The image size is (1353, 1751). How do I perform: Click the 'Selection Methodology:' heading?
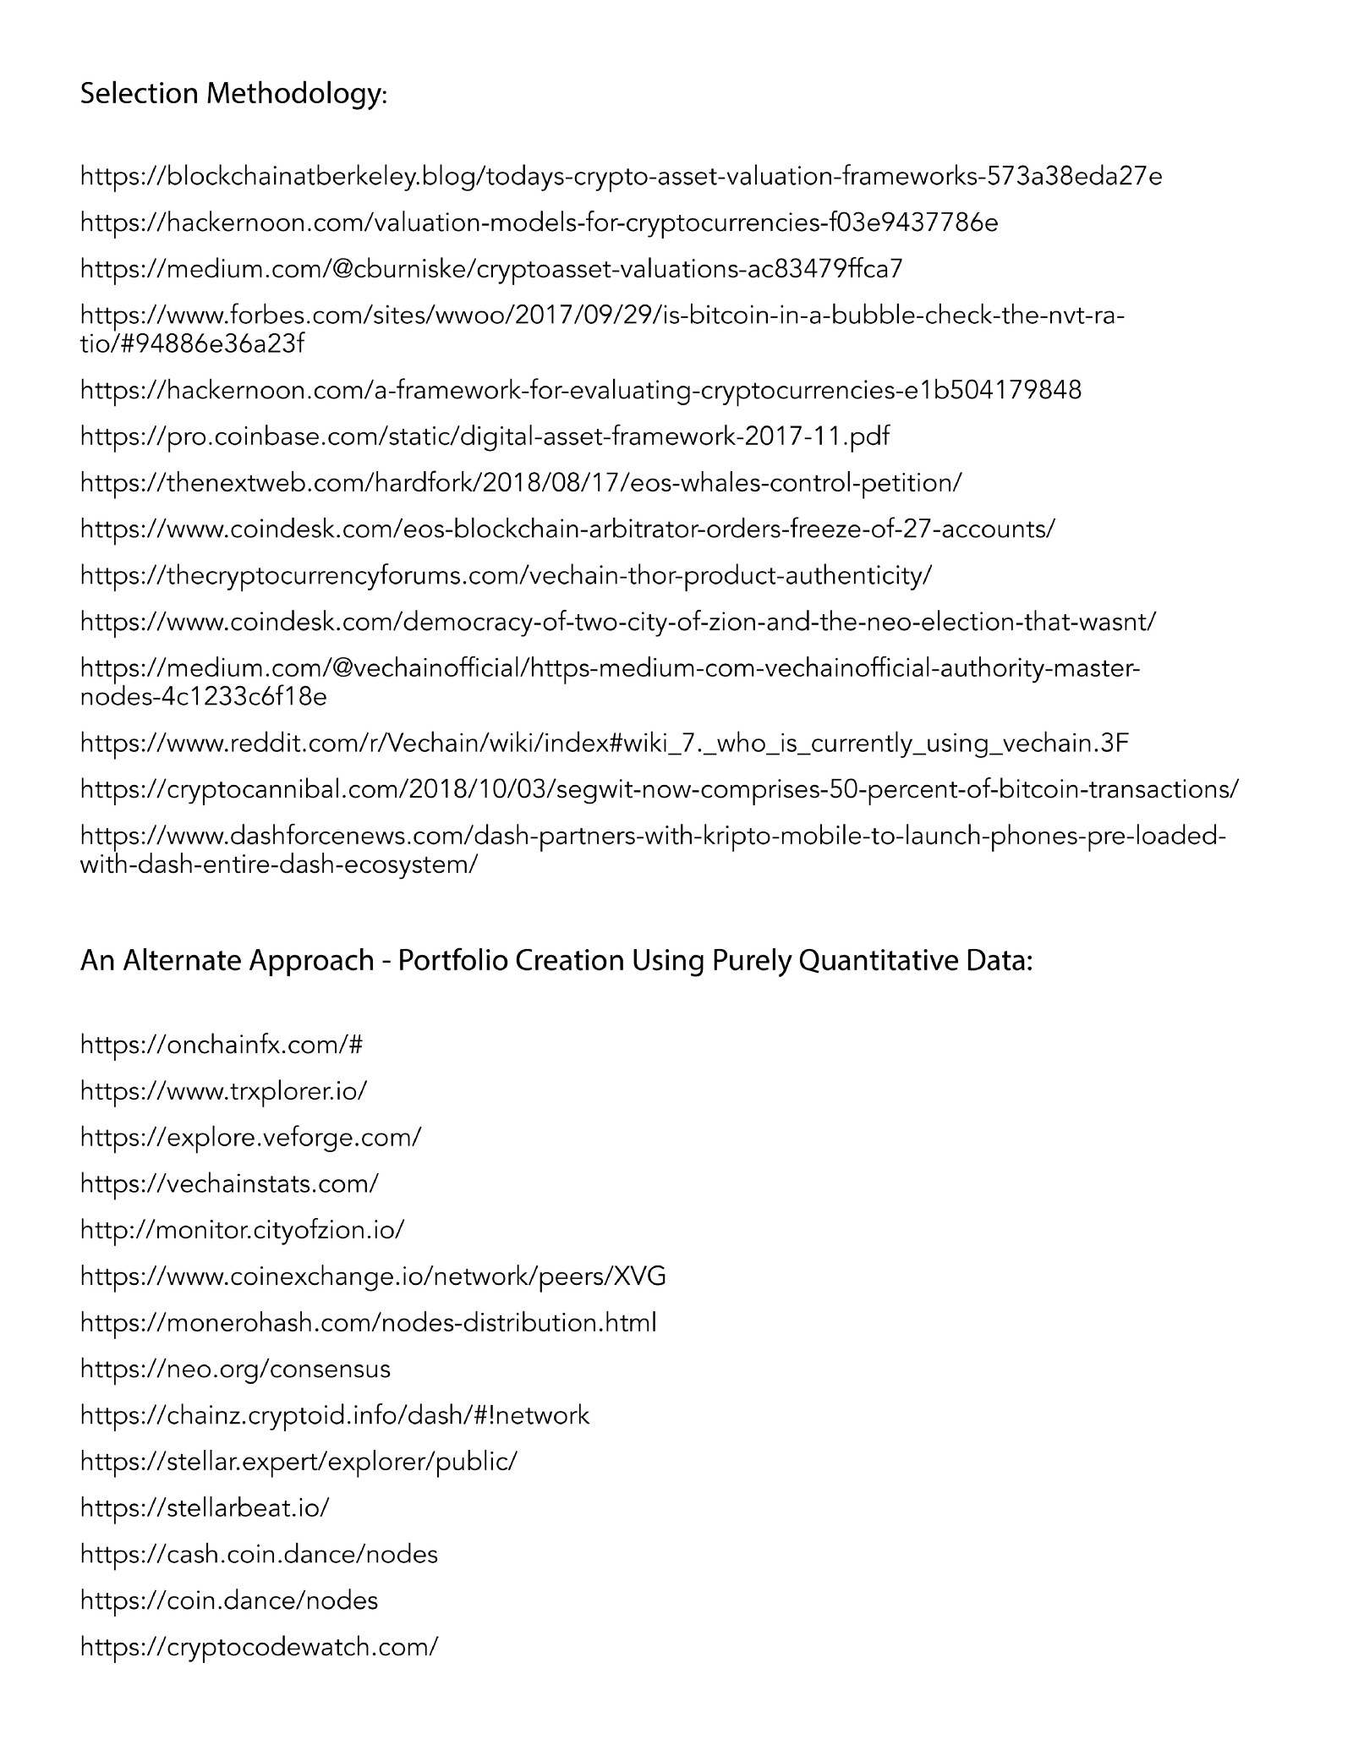233,94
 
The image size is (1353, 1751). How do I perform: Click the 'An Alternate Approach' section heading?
556,961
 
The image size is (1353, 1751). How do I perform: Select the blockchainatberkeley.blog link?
621,176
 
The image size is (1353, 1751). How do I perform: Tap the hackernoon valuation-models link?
539,222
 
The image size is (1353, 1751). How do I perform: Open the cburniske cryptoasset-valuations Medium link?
491,269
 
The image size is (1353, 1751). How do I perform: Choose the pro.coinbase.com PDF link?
485,436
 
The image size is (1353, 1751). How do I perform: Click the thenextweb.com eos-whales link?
521,483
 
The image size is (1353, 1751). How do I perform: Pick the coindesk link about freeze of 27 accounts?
567,530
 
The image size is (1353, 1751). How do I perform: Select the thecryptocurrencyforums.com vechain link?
506,576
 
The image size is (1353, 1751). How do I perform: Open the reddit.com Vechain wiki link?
605,744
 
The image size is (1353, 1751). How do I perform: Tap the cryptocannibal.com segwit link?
660,789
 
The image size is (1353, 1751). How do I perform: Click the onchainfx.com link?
222,1045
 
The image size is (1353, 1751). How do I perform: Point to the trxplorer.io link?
224,1091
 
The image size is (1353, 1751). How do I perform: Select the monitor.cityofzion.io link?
243,1230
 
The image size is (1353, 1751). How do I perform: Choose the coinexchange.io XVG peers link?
373,1276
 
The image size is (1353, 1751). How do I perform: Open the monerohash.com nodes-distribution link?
368,1322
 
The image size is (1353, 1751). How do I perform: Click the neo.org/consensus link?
235,1369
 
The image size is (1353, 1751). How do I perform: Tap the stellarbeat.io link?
205,1507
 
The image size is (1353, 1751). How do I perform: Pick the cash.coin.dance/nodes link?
259,1554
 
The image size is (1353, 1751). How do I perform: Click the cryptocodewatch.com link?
259,1647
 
